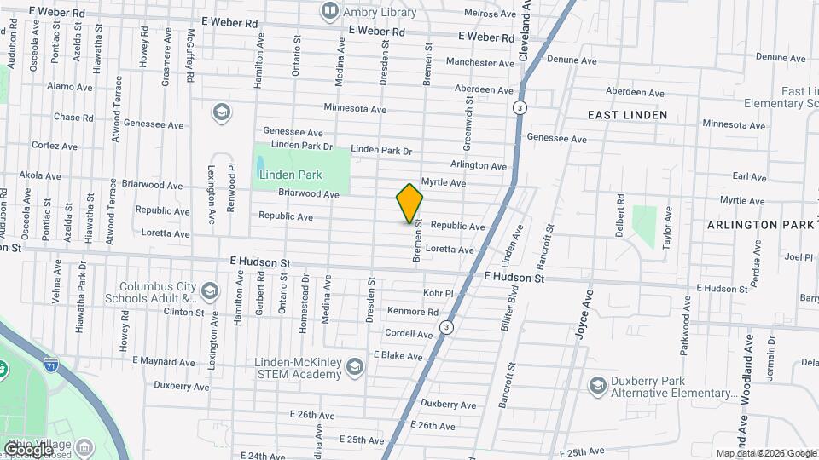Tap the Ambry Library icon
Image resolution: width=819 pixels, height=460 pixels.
coord(329,11)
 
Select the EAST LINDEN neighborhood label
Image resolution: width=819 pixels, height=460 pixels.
coord(627,114)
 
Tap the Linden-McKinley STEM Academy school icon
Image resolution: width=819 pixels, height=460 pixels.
coord(355,367)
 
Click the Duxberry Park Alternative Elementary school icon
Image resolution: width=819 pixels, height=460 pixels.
coord(598,386)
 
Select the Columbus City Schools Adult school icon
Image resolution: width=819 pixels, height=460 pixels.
coord(208,293)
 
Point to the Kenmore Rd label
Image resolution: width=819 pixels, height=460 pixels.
coord(413,313)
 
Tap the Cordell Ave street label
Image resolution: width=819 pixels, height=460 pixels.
coord(409,334)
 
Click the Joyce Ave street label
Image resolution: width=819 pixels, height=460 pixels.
coord(585,316)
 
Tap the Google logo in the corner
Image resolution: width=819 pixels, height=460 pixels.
coord(28,447)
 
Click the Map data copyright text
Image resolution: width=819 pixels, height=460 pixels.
coord(765,453)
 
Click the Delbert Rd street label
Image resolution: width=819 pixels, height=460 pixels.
coord(621,211)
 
